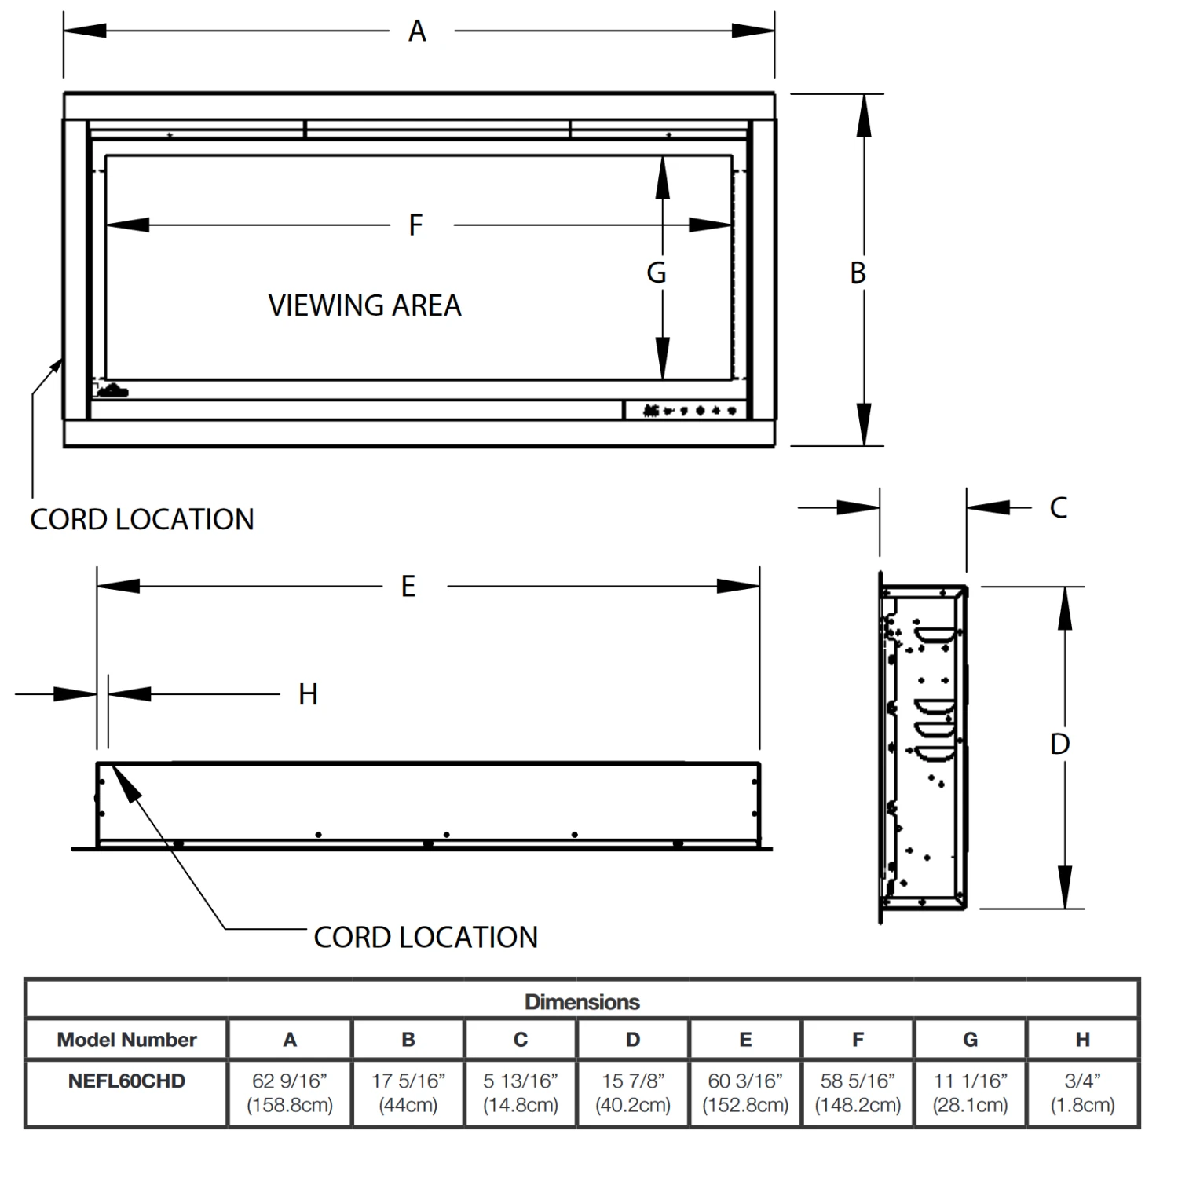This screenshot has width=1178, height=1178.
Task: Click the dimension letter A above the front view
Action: click(x=417, y=31)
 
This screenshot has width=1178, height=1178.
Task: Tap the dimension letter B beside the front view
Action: click(x=858, y=273)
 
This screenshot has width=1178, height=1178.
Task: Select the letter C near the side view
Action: click(x=1058, y=508)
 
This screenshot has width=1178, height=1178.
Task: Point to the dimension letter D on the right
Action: click(x=1059, y=744)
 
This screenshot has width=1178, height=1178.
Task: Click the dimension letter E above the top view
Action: click(x=408, y=587)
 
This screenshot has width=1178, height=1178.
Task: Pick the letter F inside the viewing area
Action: click(x=415, y=225)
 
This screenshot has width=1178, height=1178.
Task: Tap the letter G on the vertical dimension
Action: click(x=656, y=273)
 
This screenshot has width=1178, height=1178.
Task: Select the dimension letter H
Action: click(x=308, y=694)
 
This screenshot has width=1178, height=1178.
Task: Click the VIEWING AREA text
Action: click(x=364, y=305)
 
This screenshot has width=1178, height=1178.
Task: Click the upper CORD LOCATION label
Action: click(x=142, y=520)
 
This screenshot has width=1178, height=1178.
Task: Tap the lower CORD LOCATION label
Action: click(x=426, y=937)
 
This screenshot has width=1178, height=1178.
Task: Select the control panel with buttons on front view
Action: click(x=688, y=410)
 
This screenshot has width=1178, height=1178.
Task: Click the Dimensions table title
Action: click(x=582, y=1002)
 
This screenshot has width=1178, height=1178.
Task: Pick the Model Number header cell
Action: click(x=126, y=1040)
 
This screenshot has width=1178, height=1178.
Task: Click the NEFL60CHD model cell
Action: click(x=126, y=1081)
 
